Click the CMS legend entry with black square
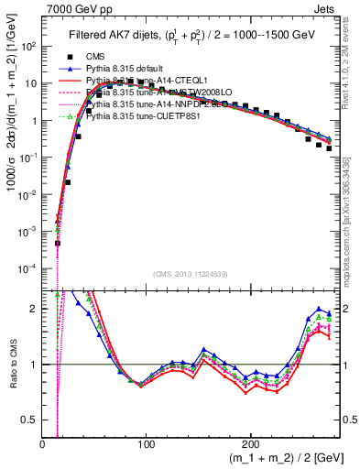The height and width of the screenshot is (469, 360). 95,57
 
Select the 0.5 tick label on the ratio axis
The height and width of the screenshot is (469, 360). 30,420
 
